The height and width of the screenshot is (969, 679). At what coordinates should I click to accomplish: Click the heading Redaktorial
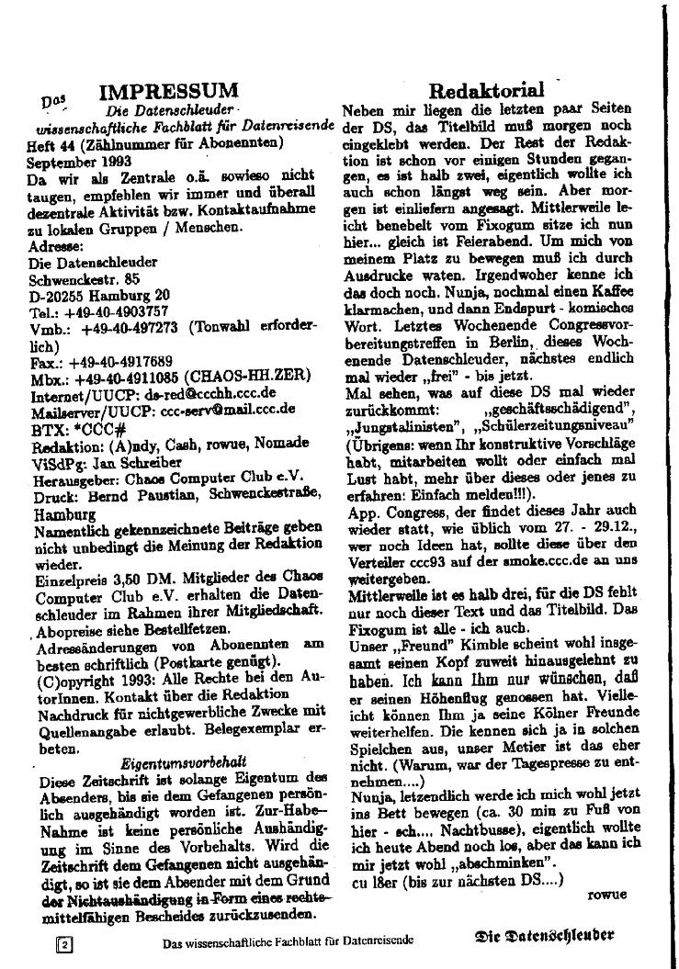487,90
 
